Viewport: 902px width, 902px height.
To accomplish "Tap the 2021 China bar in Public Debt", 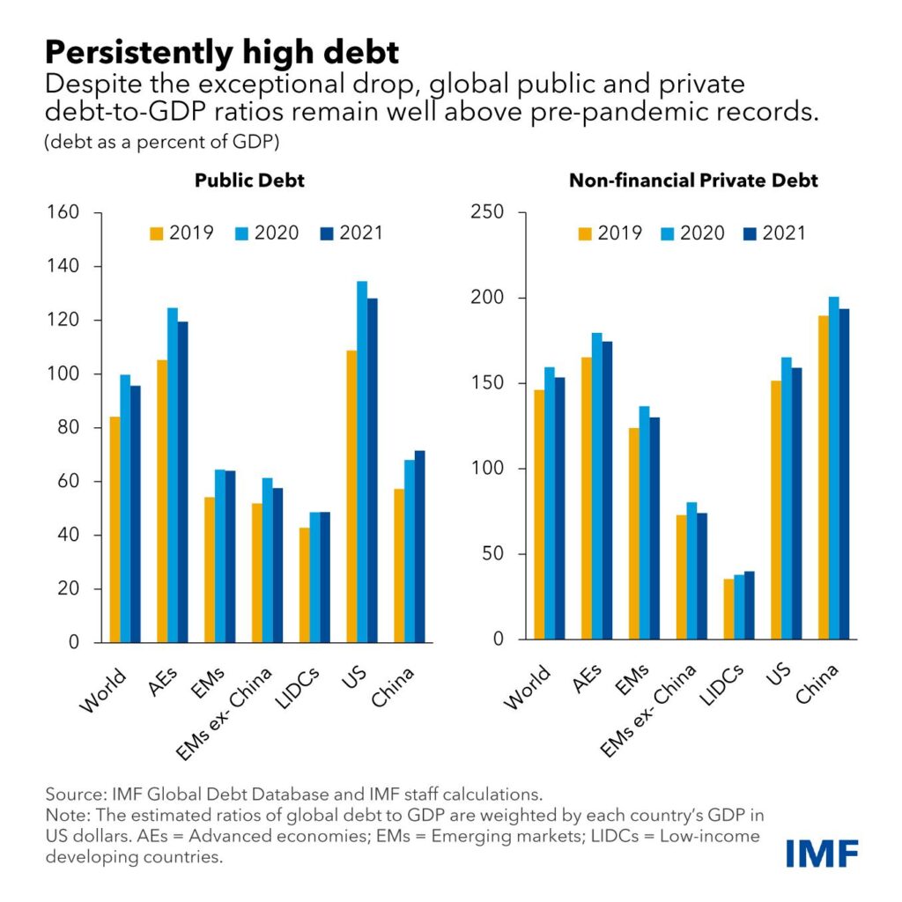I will click(x=420, y=546).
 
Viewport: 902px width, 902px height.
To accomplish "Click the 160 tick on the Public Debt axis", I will click(x=66, y=212).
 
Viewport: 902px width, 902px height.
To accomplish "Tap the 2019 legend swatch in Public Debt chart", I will click(x=158, y=233).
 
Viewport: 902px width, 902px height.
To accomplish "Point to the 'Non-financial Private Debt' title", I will click(x=693, y=181).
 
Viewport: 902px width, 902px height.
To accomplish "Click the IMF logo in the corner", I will click(x=823, y=852).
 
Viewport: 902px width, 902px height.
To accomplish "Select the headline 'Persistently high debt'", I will click(x=222, y=53).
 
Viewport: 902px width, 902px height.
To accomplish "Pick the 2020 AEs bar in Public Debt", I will click(x=173, y=475).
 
